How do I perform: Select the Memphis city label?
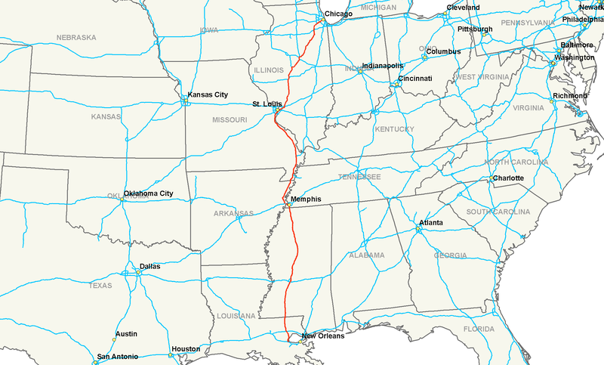[x=306, y=200]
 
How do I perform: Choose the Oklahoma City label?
[x=149, y=193]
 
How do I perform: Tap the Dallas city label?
[x=149, y=266]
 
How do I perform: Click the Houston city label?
[x=186, y=349]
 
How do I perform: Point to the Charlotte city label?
[x=507, y=178]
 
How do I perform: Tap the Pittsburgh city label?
[x=475, y=29]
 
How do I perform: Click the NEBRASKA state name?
[x=76, y=37]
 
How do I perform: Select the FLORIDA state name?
[x=479, y=329]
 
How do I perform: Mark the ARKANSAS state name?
[x=233, y=214]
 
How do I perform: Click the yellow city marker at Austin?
[x=114, y=339]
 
